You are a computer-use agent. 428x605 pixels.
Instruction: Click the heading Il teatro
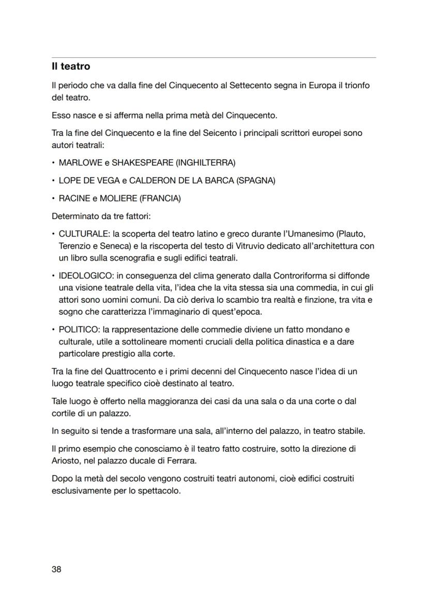[71, 67]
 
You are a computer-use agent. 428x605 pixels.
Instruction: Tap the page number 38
[57, 569]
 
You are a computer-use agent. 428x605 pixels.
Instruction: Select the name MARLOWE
[81, 163]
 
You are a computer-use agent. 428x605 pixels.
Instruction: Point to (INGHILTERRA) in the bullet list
[206, 163]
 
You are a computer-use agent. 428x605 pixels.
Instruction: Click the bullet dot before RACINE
[53, 198]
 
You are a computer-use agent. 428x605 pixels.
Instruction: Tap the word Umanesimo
[321, 234]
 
